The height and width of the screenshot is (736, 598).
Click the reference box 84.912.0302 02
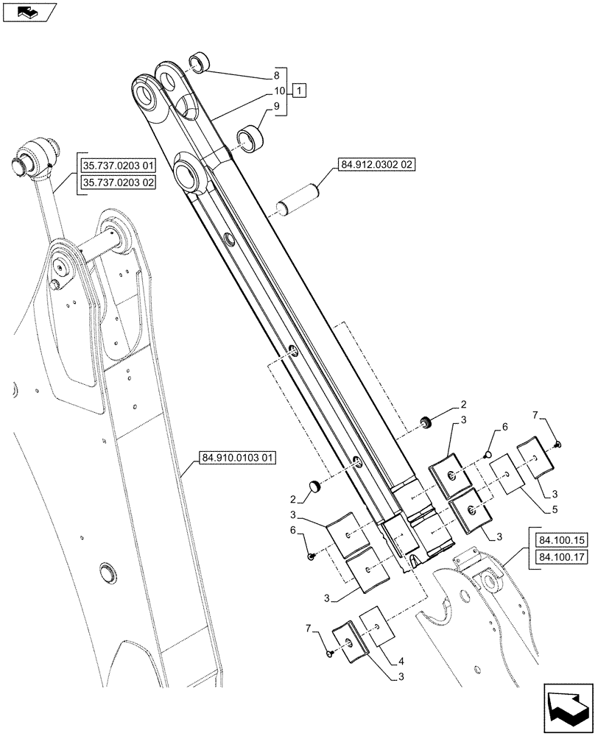pos(377,165)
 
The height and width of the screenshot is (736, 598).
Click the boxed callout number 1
pos(300,91)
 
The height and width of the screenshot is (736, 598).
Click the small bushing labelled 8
pos(200,62)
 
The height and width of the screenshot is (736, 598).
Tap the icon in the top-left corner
pos(29,12)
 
